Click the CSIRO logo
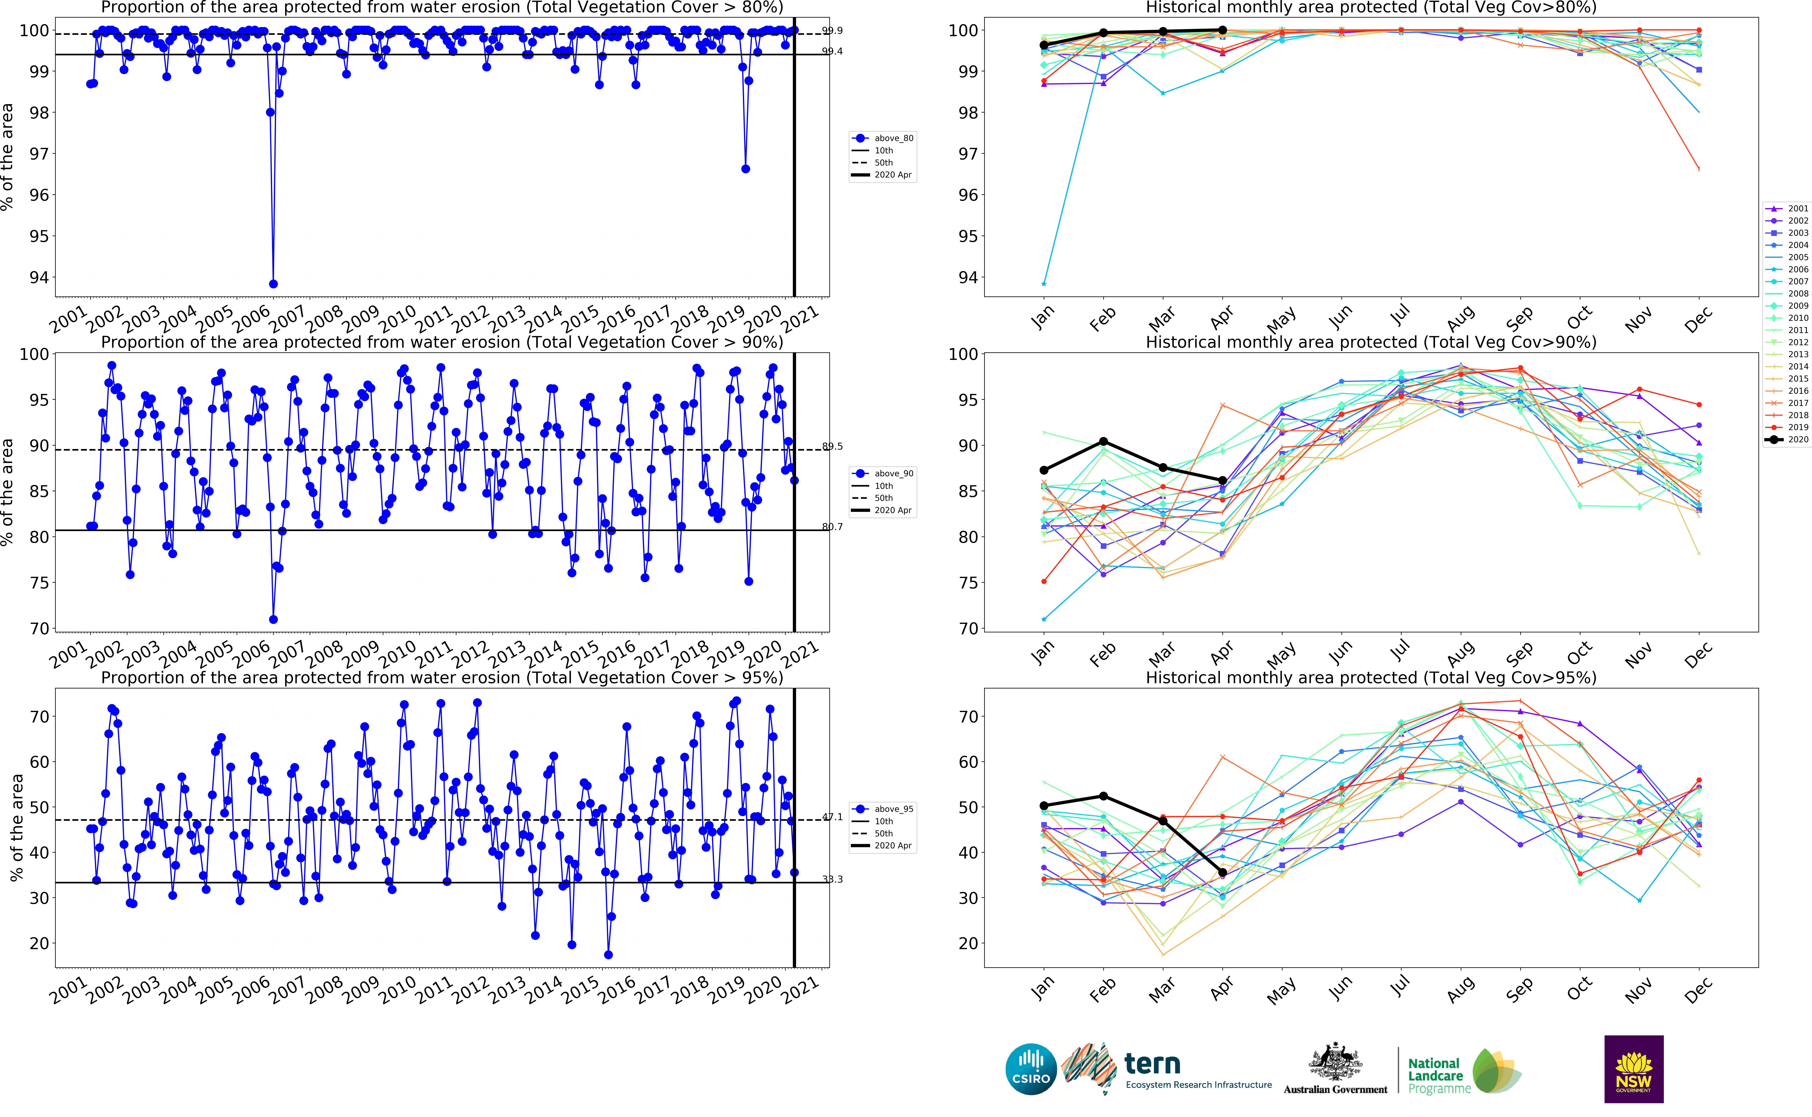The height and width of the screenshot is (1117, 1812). pyautogui.click(x=1031, y=1069)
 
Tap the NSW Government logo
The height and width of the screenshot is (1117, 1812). pyautogui.click(x=1633, y=1069)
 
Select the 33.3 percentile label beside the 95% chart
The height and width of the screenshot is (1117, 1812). pyautogui.click(x=832, y=879)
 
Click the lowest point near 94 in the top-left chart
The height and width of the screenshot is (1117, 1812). pyautogui.click(x=273, y=284)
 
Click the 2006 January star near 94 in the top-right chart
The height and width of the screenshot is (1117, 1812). pyautogui.click(x=1043, y=284)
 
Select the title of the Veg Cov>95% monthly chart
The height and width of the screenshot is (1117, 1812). pyautogui.click(x=1370, y=677)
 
